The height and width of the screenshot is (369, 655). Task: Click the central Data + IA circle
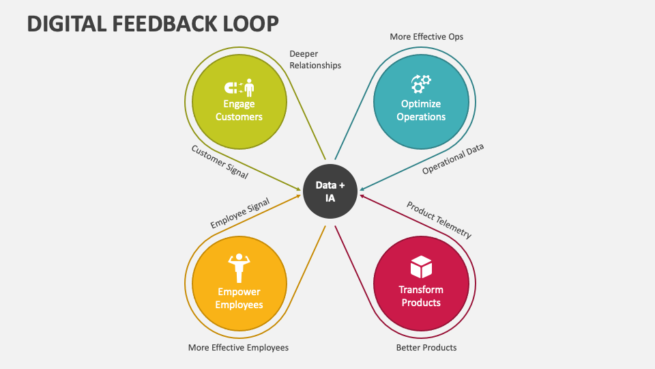pos(330,191)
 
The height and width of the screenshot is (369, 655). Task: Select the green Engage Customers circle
pos(239,102)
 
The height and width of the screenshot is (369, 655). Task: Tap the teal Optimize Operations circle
pos(421,102)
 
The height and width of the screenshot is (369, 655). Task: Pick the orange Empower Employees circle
pos(239,284)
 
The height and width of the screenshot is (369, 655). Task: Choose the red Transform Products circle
pos(421,284)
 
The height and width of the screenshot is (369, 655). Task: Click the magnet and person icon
pos(239,87)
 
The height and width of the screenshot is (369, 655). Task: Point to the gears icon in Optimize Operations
pos(421,83)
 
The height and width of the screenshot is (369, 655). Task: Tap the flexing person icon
pos(239,268)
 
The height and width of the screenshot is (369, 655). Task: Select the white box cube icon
pos(421,267)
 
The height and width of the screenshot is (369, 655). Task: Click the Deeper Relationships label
pos(315,59)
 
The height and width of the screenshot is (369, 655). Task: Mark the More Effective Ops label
pos(426,37)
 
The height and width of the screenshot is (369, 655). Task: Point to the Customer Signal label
pos(220,162)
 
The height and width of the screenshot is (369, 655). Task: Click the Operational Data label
pos(453,159)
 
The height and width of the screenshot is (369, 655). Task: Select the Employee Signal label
pos(239,213)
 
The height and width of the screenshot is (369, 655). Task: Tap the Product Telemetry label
pos(439,219)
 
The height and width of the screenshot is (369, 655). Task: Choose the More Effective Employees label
pos(238,348)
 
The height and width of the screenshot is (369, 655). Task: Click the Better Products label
pos(426,348)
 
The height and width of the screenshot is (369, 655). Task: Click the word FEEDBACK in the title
pos(164,24)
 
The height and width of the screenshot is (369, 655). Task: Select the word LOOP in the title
pos(250,24)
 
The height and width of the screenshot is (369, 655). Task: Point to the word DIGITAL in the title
pos(67,24)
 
